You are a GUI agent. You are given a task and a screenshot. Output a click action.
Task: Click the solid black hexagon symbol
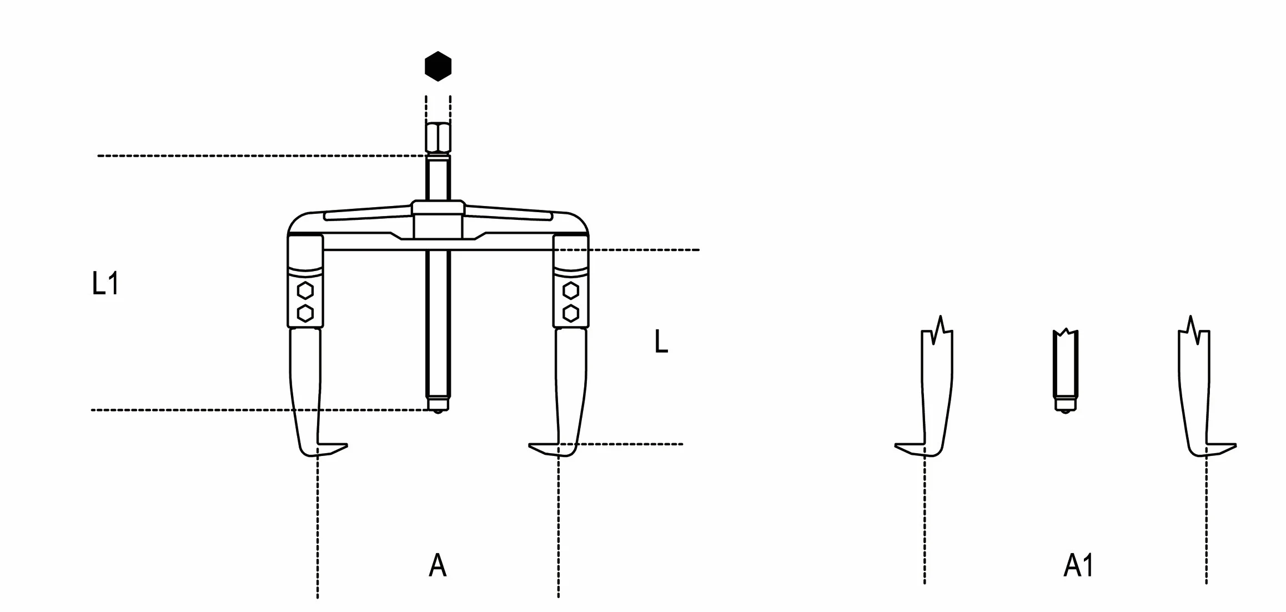coord(438,67)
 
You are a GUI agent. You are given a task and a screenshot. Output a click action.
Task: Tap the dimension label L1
coord(105,284)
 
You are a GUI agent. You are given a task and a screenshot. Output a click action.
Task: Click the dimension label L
coord(661,341)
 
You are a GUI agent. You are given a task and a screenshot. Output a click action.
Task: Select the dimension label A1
coord(1078,566)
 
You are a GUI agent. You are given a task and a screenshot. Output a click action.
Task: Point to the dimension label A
coord(438,566)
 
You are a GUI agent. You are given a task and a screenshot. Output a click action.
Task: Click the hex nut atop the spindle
coord(438,137)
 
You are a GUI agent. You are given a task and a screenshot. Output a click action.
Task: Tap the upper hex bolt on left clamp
coord(305,290)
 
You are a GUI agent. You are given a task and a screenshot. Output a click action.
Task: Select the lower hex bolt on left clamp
coord(305,313)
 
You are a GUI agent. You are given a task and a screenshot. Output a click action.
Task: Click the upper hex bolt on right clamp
coord(570,290)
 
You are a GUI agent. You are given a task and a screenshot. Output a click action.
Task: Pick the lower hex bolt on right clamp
coord(570,313)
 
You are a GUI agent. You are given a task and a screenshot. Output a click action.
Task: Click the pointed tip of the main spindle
coord(438,412)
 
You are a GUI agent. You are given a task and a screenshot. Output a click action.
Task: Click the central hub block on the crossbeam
coord(438,220)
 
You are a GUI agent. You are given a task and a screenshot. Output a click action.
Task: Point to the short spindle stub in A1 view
coord(1065,371)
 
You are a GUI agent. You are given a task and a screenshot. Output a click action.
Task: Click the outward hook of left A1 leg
coord(911,449)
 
